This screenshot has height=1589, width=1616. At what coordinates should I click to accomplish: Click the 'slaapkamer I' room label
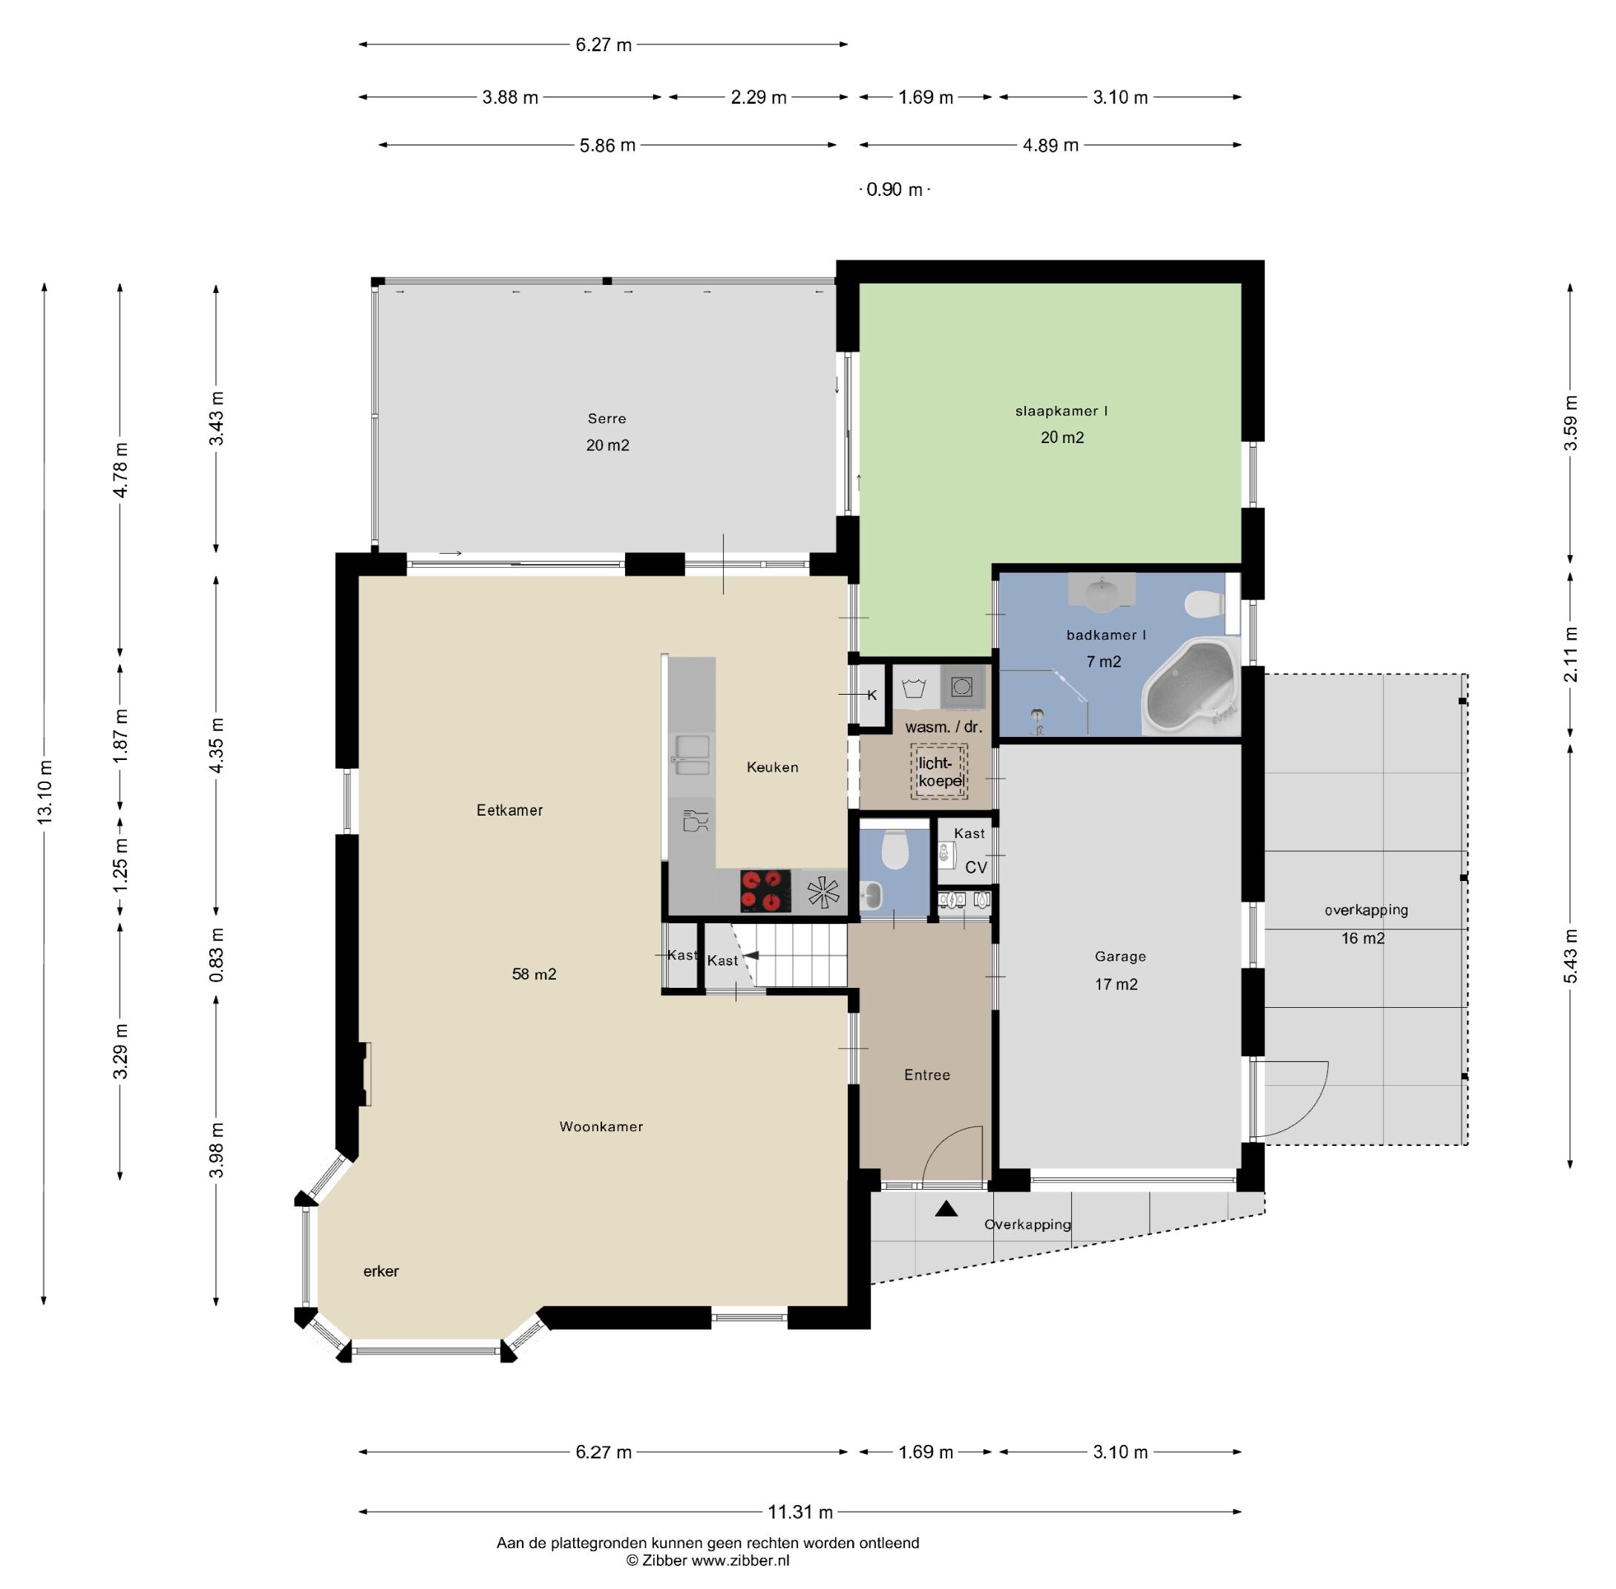(x=1061, y=410)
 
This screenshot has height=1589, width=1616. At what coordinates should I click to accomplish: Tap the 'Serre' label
(x=606, y=419)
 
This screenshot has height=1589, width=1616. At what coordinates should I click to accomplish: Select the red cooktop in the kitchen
(x=765, y=891)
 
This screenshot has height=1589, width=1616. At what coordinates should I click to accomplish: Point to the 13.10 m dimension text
(x=45, y=792)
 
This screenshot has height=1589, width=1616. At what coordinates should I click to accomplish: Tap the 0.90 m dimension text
(x=894, y=189)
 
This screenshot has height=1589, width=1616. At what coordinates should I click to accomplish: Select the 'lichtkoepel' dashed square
(x=939, y=772)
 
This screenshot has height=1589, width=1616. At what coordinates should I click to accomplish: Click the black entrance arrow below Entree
(x=946, y=1208)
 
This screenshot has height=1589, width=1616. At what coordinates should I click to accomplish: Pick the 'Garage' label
(x=1120, y=957)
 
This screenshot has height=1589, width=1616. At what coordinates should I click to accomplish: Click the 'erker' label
(x=381, y=1271)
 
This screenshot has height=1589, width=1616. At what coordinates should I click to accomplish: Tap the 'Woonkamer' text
(x=601, y=1127)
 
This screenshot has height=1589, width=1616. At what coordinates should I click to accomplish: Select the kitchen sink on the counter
(x=692, y=756)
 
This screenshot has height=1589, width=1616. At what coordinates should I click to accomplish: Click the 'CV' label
(x=976, y=867)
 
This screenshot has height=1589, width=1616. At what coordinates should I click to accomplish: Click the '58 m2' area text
(x=534, y=974)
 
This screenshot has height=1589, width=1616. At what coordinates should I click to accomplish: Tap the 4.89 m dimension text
(x=1050, y=145)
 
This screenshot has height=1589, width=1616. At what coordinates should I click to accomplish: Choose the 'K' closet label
(x=872, y=695)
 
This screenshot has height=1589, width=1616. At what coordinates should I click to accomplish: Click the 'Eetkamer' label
(x=509, y=810)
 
